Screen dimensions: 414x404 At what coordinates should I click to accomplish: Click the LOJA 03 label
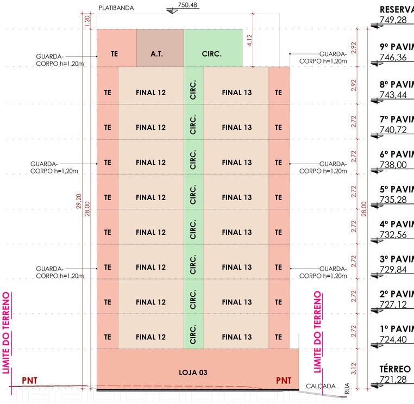[193, 372]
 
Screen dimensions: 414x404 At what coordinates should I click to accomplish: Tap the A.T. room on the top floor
[157, 54]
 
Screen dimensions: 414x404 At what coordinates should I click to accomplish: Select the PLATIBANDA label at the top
[116, 9]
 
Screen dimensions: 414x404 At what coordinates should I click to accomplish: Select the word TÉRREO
[394, 369]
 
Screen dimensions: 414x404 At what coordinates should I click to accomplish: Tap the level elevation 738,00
[392, 165]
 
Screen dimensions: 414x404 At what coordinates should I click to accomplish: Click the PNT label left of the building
[30, 379]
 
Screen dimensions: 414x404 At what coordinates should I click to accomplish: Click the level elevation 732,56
[392, 235]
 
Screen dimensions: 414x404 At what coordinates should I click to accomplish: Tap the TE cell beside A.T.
[114, 54]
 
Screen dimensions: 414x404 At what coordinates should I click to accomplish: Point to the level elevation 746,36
[392, 57]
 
